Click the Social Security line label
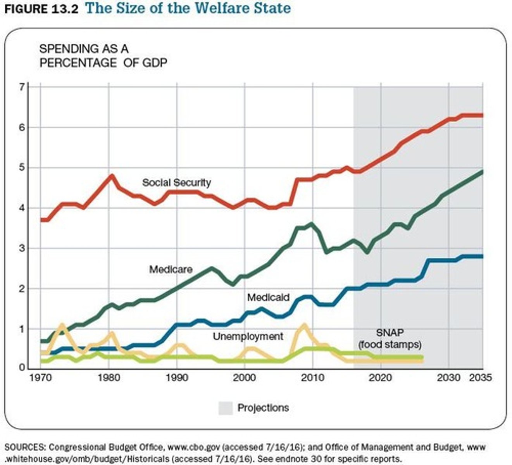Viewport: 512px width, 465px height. [176, 183]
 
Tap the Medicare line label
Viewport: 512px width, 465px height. [171, 269]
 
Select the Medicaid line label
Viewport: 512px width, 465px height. [268, 298]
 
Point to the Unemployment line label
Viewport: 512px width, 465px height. [248, 336]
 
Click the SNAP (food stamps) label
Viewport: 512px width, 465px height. [390, 338]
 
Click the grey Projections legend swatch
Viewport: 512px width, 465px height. [226, 408]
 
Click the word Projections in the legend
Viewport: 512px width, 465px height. [263, 408]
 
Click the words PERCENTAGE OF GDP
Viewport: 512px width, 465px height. [103, 63]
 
